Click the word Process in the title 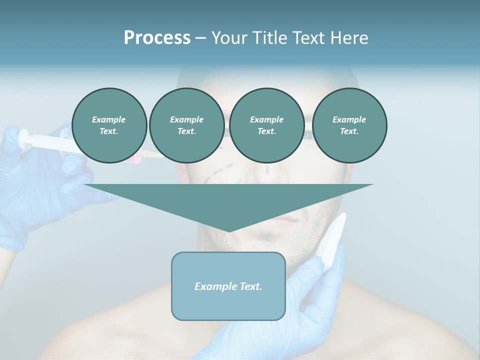[x=157, y=38]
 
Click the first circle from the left [x=109, y=125]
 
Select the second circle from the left [x=186, y=125]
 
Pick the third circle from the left [x=266, y=125]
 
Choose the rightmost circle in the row [x=349, y=125]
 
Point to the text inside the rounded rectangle [x=228, y=286]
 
